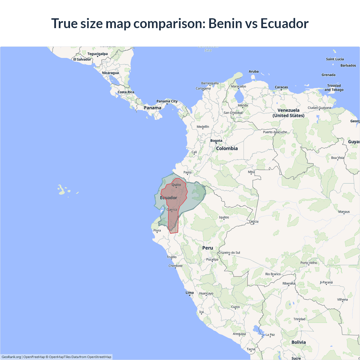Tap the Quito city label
[x=176, y=185]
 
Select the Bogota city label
[x=216, y=141]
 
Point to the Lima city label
[x=190, y=292]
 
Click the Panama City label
[x=167, y=101]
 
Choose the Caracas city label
[x=281, y=87]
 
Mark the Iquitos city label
[x=224, y=217]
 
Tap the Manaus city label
[x=344, y=211]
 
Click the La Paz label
[x=270, y=335]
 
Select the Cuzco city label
[x=235, y=307]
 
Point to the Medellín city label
[x=203, y=127]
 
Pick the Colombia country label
[x=227, y=148]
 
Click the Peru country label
[x=208, y=248]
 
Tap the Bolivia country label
[x=298, y=342]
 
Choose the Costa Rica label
[x=126, y=92]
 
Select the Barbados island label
[x=348, y=66]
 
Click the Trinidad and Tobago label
[x=334, y=88]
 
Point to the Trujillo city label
[x=172, y=257]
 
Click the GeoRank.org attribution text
[x=11, y=357]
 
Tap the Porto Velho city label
[x=309, y=263]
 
